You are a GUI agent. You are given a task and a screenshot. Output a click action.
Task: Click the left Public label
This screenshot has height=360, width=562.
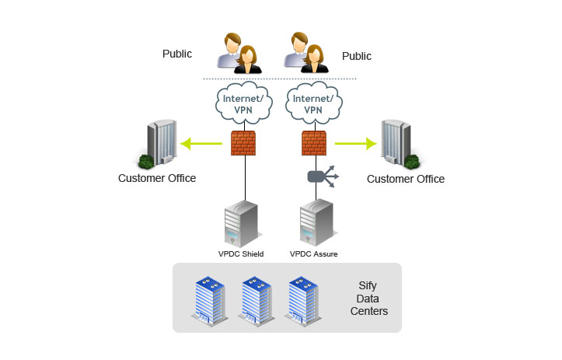click(176, 54)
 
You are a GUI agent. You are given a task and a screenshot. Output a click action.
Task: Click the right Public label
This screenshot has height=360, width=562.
click(357, 56)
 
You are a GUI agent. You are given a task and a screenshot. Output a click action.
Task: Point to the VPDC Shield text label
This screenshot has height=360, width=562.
click(241, 253)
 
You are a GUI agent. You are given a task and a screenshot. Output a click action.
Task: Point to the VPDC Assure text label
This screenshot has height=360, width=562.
click(313, 253)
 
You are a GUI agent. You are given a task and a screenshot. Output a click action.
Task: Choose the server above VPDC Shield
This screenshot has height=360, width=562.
click(241, 222)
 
